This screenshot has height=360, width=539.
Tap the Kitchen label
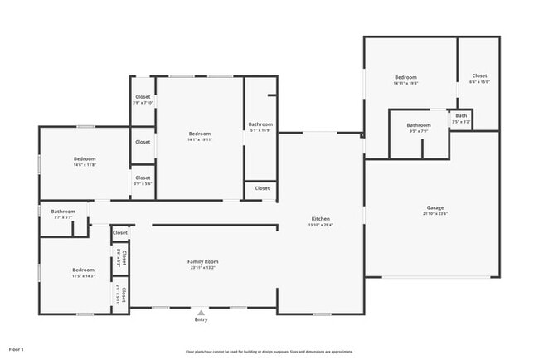[x=320, y=219]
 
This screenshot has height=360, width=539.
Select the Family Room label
[x=202, y=261]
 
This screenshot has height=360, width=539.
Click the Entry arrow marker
[x=201, y=312]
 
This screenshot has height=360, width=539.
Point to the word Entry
[x=201, y=319]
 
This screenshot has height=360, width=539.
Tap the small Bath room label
[x=460, y=116]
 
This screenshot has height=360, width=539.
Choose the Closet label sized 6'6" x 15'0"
[x=480, y=76]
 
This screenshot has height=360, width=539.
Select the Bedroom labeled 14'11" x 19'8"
[x=405, y=77]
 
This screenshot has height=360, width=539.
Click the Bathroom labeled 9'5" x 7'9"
[x=419, y=125]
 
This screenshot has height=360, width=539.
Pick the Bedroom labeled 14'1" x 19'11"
[x=200, y=134]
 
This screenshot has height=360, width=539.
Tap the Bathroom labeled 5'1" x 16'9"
[x=260, y=124]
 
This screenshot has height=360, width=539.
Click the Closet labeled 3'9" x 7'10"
[x=143, y=97]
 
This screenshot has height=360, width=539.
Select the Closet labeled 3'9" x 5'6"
[x=143, y=178]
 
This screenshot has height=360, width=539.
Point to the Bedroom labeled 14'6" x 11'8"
[x=85, y=158]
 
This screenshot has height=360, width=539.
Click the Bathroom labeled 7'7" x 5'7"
[x=63, y=212]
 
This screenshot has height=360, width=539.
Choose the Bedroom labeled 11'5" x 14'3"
[x=83, y=270]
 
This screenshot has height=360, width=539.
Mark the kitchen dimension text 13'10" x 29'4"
[x=320, y=226]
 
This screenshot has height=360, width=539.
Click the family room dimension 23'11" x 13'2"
[x=202, y=268]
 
